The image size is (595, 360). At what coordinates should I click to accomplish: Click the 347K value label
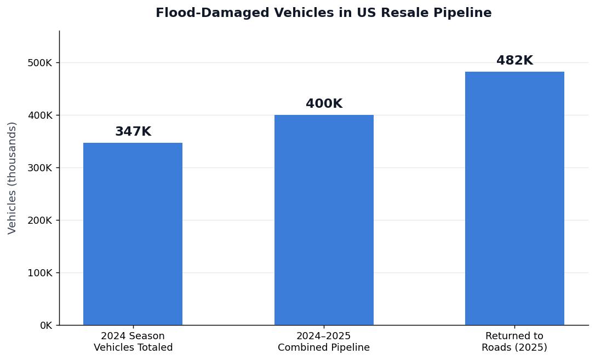tap(133, 132)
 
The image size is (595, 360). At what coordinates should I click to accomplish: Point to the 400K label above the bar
tap(324, 104)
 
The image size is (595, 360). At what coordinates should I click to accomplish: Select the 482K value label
tap(514, 61)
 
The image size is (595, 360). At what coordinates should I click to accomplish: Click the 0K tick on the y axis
tap(45, 326)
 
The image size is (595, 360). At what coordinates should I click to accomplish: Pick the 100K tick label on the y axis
tap(40, 273)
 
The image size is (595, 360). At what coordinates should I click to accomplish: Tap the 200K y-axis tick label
tap(40, 220)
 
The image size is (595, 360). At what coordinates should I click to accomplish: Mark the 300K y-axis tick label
tap(40, 168)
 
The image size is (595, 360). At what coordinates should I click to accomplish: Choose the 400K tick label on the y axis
tap(40, 115)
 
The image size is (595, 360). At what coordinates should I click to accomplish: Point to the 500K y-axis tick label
tap(40, 63)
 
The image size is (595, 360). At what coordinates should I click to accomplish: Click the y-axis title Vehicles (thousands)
tap(13, 178)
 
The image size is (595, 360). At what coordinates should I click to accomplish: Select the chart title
tap(323, 13)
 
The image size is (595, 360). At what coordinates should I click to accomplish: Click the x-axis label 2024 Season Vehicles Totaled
tap(133, 342)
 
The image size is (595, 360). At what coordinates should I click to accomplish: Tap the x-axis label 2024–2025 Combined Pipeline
tap(324, 342)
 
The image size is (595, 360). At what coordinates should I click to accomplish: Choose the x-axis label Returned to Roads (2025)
tap(514, 342)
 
